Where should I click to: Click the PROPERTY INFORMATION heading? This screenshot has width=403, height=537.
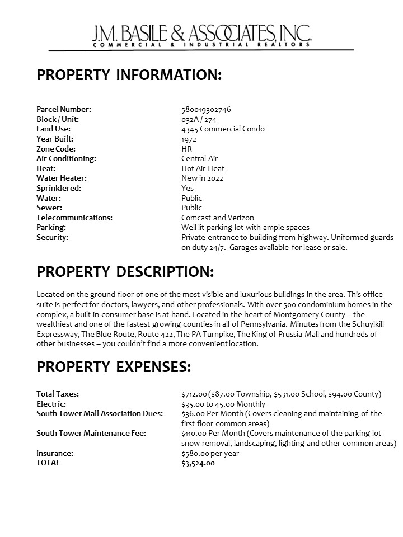(129, 76)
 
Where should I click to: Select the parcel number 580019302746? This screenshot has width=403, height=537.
(206, 109)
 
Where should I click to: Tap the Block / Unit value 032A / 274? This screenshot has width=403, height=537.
(199, 119)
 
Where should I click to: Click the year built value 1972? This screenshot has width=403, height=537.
(189, 139)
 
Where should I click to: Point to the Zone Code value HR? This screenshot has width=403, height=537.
(186, 149)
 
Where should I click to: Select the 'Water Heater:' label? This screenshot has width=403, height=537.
(62, 178)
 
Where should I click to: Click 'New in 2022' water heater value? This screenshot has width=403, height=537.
(201, 178)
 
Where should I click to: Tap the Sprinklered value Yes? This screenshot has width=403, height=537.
(188, 188)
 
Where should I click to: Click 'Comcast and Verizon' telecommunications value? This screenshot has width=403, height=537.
(217, 218)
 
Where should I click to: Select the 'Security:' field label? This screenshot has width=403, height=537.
(52, 237)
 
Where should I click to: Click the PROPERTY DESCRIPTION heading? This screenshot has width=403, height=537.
(125, 272)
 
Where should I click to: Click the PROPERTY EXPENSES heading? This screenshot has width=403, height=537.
(114, 368)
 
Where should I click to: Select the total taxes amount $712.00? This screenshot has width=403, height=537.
(194, 394)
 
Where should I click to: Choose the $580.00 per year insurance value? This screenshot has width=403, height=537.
(210, 453)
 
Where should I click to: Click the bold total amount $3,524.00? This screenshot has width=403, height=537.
(198, 463)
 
